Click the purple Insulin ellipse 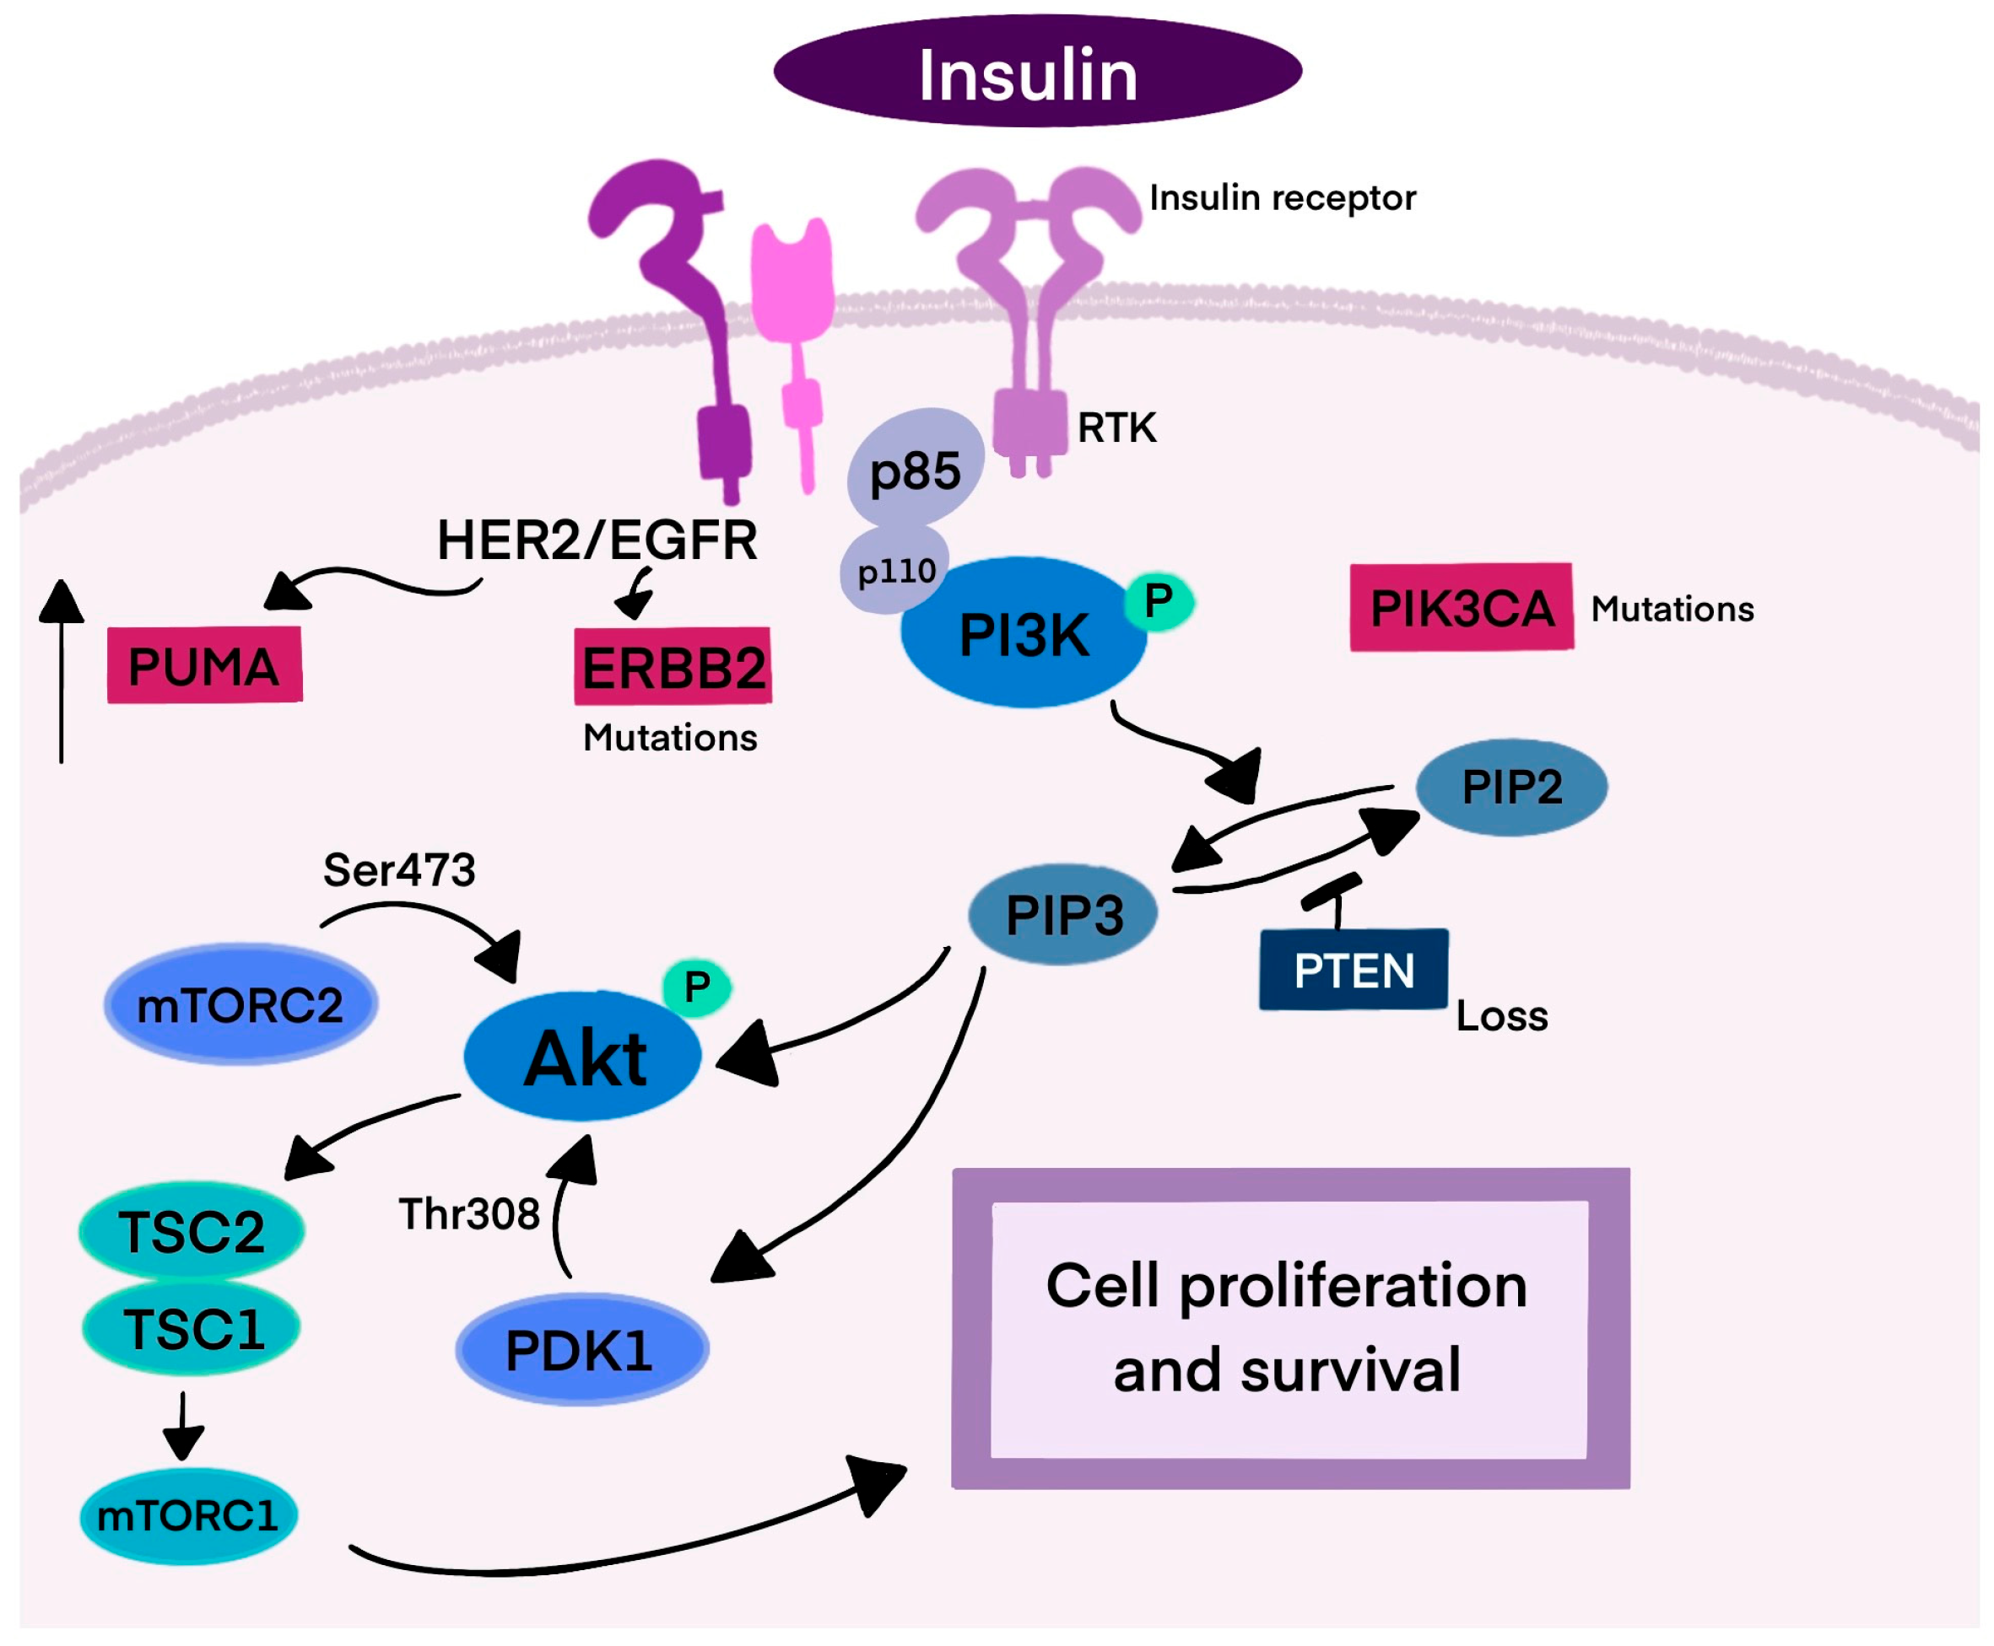click(x=1036, y=71)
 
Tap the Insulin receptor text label click(x=1281, y=198)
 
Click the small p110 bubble click(x=894, y=572)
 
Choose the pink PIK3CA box click(x=1460, y=608)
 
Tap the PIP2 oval click(x=1510, y=787)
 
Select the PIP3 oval click(x=1062, y=915)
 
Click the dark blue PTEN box click(x=1353, y=970)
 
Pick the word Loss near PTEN click(x=1500, y=1016)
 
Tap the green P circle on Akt click(x=696, y=988)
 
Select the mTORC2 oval click(x=240, y=1005)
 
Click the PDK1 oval click(x=581, y=1350)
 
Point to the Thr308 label click(x=468, y=1214)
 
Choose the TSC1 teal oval click(x=192, y=1329)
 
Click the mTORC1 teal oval click(x=188, y=1515)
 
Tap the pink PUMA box click(x=204, y=665)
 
